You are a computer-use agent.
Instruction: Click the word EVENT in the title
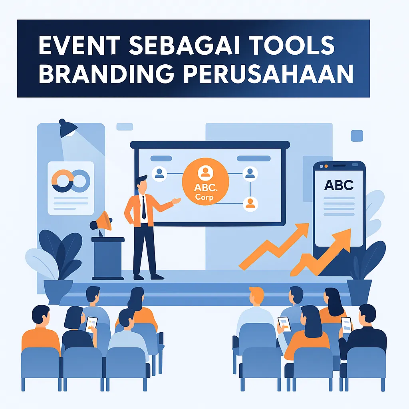pyautogui.click(x=79, y=46)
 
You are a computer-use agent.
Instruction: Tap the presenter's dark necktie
pyautogui.click(x=144, y=207)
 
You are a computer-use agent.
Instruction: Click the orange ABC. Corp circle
pyautogui.click(x=206, y=182)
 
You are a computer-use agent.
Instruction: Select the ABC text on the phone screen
pyautogui.click(x=339, y=185)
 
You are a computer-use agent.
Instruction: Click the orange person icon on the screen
pyautogui.click(x=250, y=204)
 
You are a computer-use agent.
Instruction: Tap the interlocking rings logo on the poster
pyautogui.click(x=71, y=181)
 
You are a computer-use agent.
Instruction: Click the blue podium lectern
pyautogui.click(x=108, y=258)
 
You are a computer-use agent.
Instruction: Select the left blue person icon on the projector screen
pyautogui.click(x=159, y=173)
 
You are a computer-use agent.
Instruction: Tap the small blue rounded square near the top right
pyautogui.click(x=357, y=136)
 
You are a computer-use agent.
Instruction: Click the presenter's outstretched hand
pyautogui.click(x=176, y=201)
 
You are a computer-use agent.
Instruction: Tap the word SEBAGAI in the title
pyautogui.click(x=184, y=46)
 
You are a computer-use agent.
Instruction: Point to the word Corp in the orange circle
pyautogui.click(x=204, y=197)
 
